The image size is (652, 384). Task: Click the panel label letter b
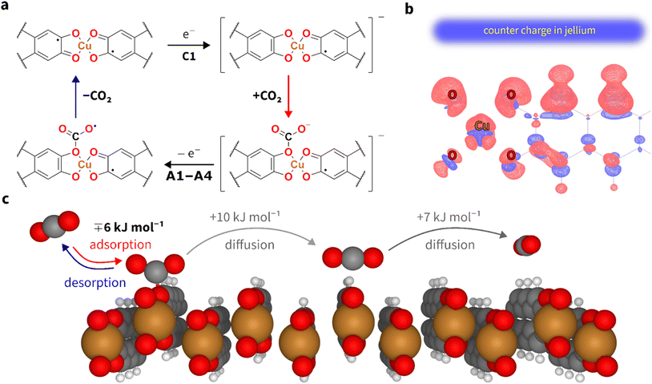409,8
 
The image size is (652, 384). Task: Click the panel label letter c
6,200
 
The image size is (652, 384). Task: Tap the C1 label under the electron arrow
189,56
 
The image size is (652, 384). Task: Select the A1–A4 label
189,176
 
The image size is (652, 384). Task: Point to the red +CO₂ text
267,96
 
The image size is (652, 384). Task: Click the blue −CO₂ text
97,96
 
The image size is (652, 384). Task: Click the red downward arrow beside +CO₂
288,96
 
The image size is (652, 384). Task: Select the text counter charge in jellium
539,30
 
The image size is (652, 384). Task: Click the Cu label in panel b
482,126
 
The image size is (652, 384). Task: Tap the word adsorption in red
121,245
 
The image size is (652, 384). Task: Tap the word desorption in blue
95,282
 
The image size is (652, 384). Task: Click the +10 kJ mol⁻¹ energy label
246,217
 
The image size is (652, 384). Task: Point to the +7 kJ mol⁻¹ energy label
449,217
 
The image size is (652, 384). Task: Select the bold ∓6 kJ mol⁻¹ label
129,227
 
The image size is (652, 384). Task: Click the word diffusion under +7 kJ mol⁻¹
450,245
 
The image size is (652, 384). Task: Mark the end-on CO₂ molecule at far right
526,245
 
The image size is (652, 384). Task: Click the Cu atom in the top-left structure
85,46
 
